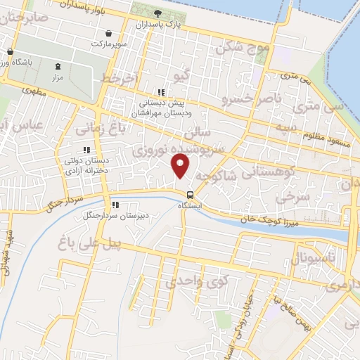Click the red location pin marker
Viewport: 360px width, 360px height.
(181, 165)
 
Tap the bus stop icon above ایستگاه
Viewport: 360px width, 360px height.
(190, 194)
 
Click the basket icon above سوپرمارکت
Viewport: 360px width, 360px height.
(108, 33)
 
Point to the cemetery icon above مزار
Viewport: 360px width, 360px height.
(58, 65)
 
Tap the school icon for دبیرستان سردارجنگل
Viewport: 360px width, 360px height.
(115, 205)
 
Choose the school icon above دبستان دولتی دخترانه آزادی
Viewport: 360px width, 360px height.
(87, 150)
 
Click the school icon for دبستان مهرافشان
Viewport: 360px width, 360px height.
(161, 92)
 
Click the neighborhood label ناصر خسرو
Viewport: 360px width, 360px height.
(250, 99)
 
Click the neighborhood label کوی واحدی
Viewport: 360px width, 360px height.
(198, 283)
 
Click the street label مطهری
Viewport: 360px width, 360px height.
(33, 91)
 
